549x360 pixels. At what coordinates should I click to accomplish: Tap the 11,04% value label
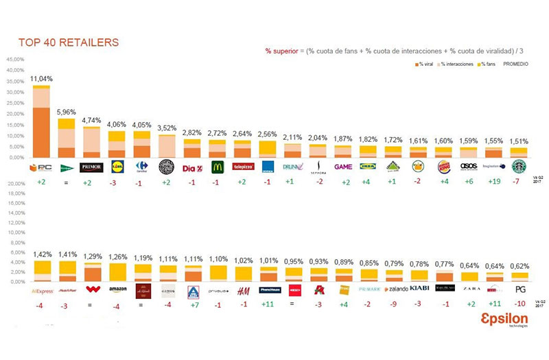[41, 79]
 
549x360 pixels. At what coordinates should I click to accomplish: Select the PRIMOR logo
[91, 167]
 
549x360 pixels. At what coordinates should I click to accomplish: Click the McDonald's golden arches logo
[218, 167]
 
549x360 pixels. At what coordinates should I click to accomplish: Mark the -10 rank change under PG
[520, 304]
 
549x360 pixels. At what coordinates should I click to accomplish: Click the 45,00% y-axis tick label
[14, 60]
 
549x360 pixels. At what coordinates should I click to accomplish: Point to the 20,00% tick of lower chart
[14, 184]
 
